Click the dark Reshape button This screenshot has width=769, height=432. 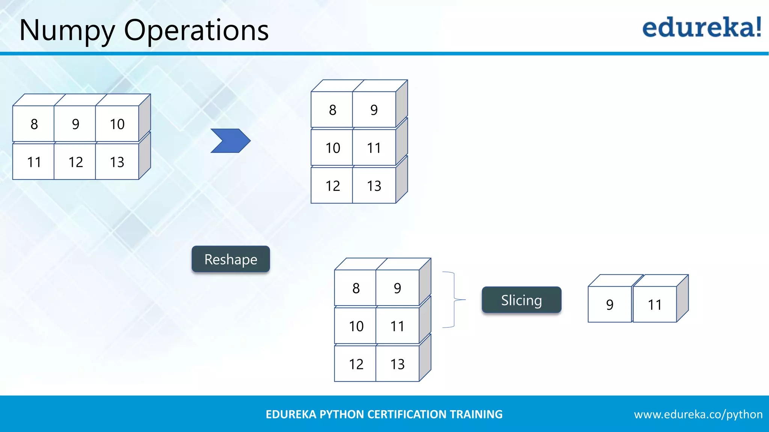[231, 259]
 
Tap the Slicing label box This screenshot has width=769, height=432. [522, 300]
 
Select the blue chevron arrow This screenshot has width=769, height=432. [230, 141]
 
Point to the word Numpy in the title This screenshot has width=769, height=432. [67, 31]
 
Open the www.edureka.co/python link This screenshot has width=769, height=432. [698, 414]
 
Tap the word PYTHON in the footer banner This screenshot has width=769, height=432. [342, 414]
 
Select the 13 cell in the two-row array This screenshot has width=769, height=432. [117, 162]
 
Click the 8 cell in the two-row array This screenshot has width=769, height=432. [34, 124]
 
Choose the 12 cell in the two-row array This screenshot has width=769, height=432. [75, 162]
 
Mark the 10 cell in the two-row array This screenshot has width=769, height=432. [117, 124]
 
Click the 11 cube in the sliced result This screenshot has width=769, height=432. [654, 304]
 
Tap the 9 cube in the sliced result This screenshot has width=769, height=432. [609, 304]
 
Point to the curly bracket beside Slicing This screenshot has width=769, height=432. [454, 300]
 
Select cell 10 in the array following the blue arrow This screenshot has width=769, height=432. [332, 148]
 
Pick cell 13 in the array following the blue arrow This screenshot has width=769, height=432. [374, 186]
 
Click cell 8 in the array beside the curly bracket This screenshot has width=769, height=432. [356, 288]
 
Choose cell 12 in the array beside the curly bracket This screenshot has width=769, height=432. [356, 364]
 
